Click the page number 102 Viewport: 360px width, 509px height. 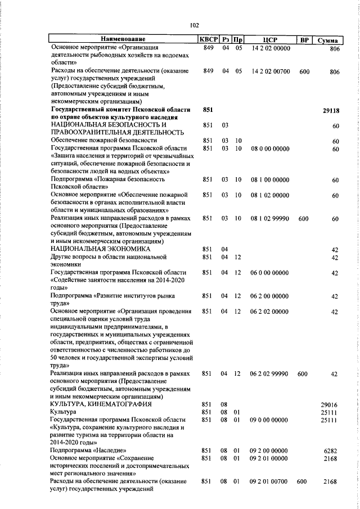click(x=195, y=25)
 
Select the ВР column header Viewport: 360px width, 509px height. click(x=304, y=39)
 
